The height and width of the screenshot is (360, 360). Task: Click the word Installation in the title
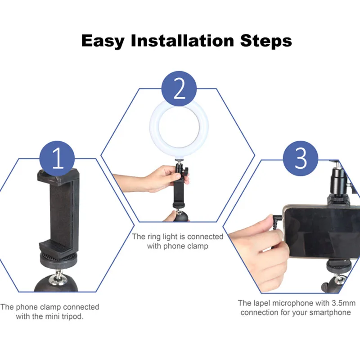coord(182,41)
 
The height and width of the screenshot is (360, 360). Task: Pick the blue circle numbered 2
coord(179,88)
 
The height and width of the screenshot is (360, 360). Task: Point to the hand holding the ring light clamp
coord(155,178)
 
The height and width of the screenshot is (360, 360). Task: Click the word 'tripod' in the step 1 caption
coord(72,316)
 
